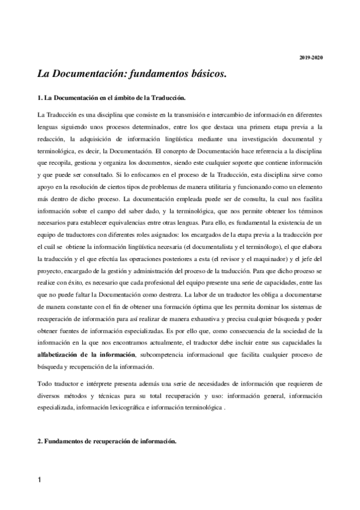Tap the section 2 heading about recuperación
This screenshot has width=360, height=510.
click(x=106, y=441)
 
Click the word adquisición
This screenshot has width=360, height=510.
click(x=91, y=138)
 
